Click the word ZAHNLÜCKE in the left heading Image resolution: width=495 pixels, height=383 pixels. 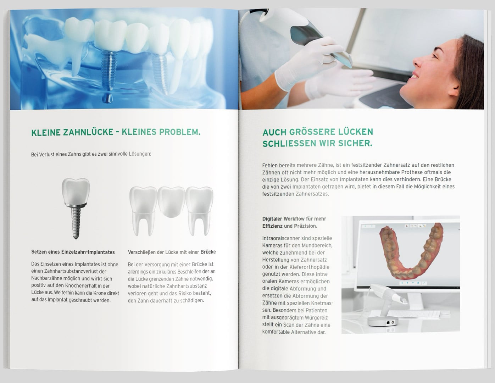pyautogui.click(x=88, y=132)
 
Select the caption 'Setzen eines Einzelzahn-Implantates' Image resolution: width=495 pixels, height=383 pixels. pyautogui.click(x=73, y=252)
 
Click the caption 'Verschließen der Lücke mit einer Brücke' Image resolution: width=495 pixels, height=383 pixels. pyautogui.click(x=172, y=252)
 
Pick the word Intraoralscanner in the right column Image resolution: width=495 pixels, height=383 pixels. pyautogui.click(x=280, y=238)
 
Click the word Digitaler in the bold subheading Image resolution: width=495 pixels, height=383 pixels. pyautogui.click(x=272, y=219)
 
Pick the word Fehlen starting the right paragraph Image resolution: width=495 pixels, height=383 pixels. pyautogui.click(x=270, y=165)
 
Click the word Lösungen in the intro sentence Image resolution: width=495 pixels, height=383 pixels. pyautogui.click(x=140, y=154)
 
